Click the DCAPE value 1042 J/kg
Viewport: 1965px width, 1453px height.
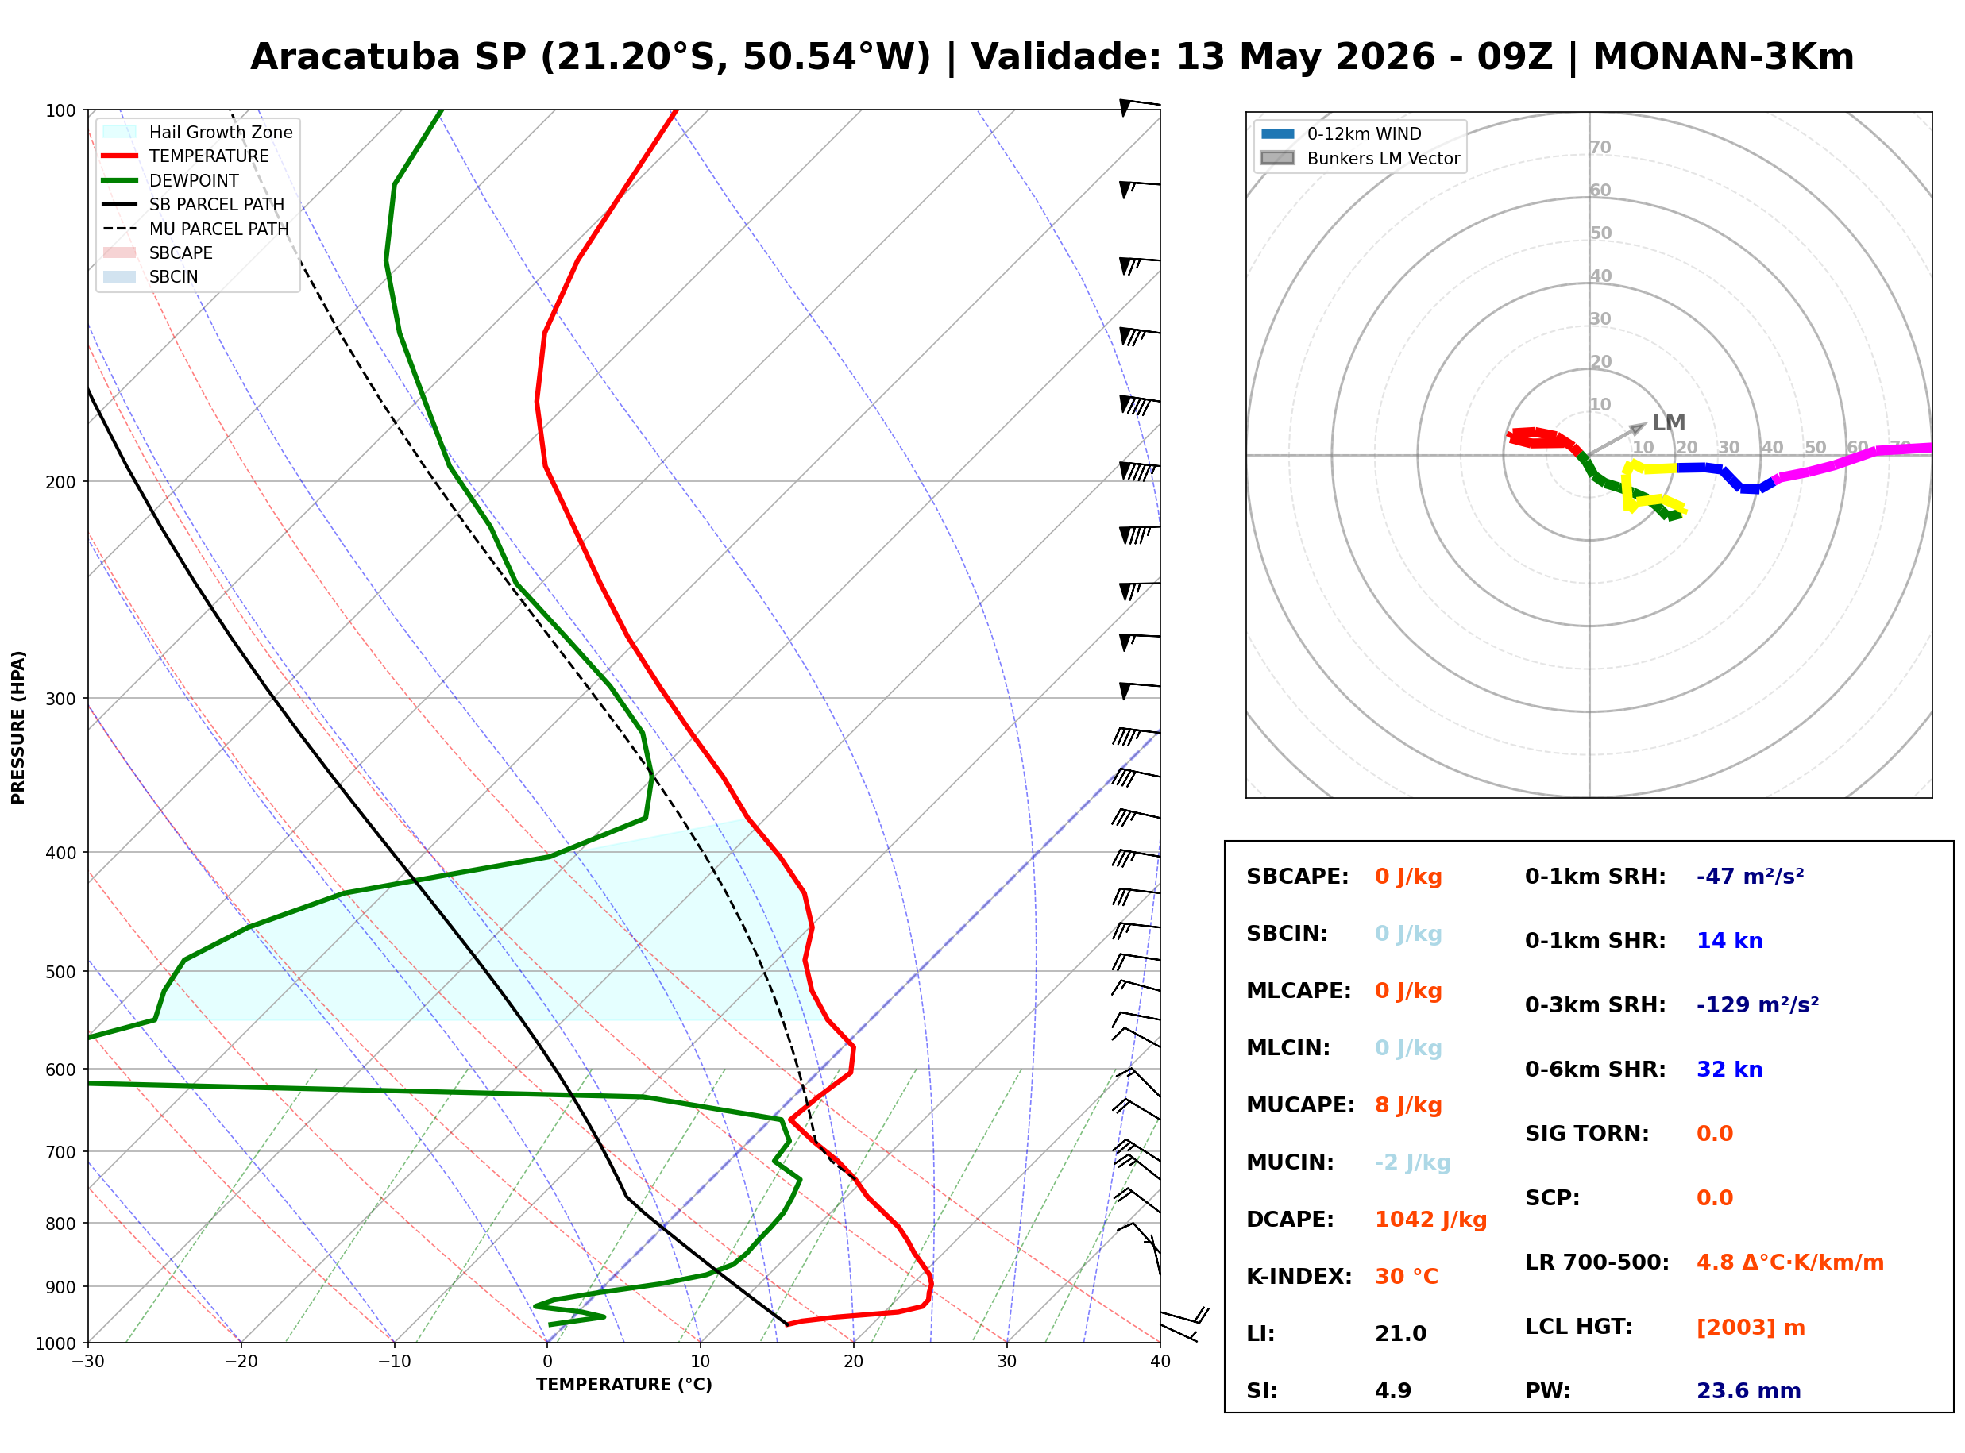pos(1430,1219)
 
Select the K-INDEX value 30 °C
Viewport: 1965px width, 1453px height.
pos(1406,1276)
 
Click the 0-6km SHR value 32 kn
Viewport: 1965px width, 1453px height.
pos(1729,1070)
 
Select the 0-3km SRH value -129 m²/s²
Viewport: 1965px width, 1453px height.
pos(1758,1004)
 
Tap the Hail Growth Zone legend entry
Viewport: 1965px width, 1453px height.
pos(198,132)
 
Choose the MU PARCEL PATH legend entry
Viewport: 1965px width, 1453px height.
pos(196,229)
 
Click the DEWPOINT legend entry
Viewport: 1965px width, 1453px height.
pos(171,180)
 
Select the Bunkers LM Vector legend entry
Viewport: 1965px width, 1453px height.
pos(1360,158)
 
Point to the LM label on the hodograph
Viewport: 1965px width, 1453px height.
pos(1669,423)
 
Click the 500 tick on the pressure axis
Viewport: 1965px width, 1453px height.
pos(60,972)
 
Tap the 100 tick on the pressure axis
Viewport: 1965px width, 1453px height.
pos(60,110)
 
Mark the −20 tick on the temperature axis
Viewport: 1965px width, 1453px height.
pos(240,1362)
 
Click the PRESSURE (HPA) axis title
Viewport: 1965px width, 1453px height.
pos(17,727)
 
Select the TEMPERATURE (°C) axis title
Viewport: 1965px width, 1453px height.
pos(623,1385)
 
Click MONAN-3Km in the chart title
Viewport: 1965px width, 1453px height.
pos(1723,57)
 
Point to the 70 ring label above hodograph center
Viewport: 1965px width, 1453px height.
pos(1600,147)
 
